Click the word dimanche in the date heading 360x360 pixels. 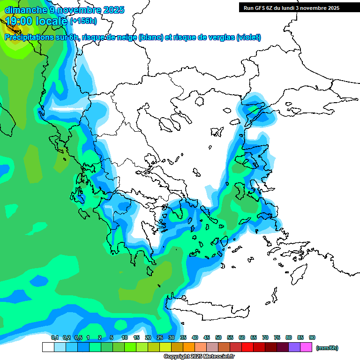coord(23,9)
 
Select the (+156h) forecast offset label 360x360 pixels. coord(83,21)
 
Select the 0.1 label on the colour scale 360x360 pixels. coord(54,338)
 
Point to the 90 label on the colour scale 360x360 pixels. coord(312,338)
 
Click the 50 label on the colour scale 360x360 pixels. coord(218,338)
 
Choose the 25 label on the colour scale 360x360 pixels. coord(160,338)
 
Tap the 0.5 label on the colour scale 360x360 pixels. coord(78,338)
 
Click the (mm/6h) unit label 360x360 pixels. coord(327,348)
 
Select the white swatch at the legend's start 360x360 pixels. coord(48,347)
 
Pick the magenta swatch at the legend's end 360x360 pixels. coord(306,347)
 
